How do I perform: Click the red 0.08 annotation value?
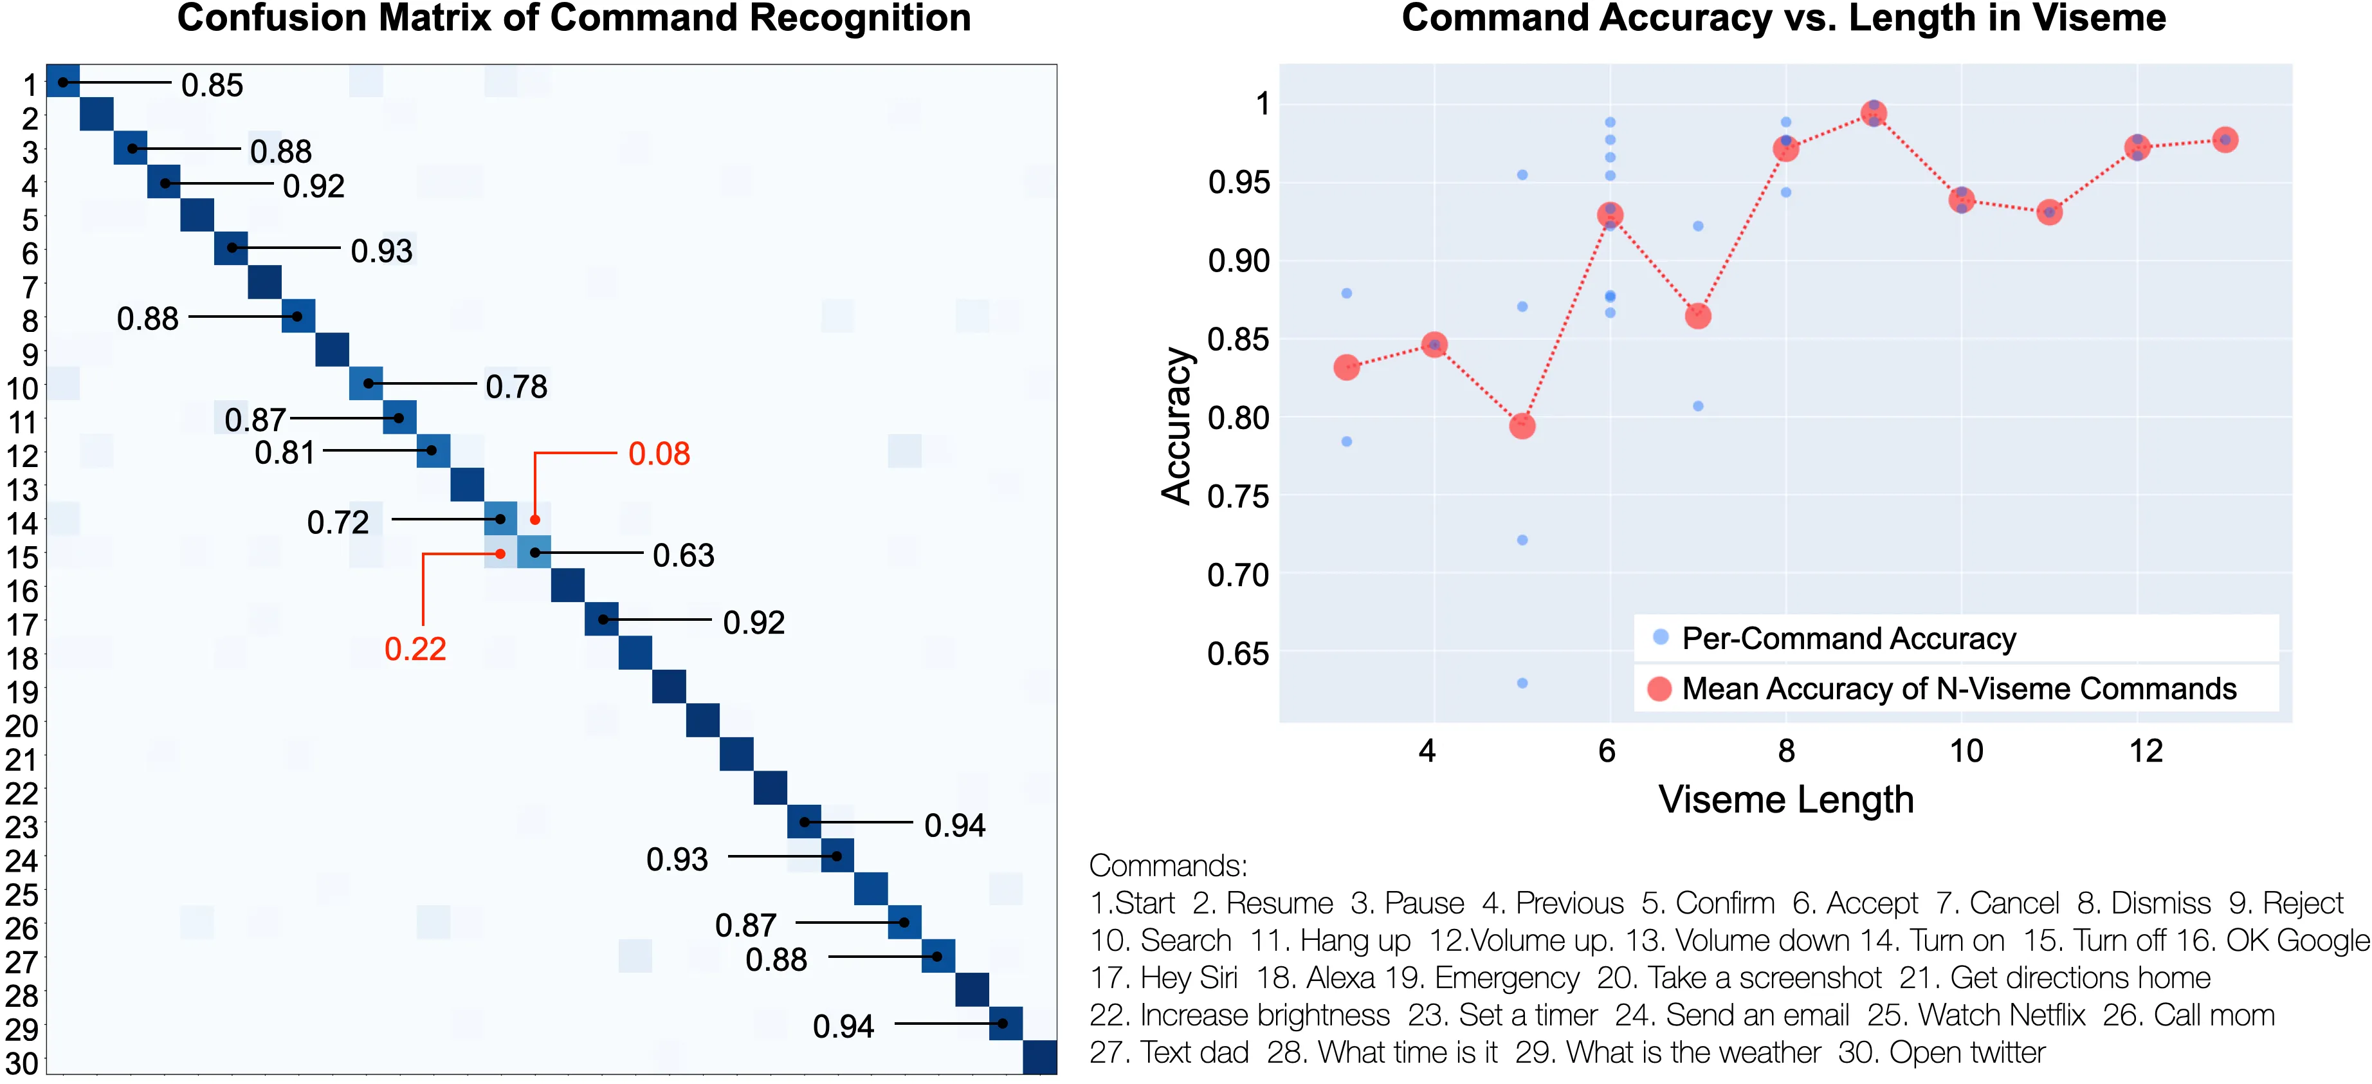click(659, 454)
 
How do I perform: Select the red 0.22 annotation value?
click(415, 649)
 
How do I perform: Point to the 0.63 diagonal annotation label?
click(683, 555)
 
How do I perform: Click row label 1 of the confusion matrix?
click(30, 86)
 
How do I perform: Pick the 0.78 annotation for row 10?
click(516, 387)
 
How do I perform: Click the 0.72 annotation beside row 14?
click(338, 522)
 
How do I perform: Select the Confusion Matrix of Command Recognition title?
click(574, 19)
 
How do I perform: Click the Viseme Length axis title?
click(1785, 800)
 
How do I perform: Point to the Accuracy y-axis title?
click(1177, 425)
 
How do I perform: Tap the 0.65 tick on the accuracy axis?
click(1239, 654)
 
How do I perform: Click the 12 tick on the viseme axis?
click(2146, 751)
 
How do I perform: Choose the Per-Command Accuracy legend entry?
click(1848, 638)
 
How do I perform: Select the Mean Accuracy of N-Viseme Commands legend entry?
click(1958, 689)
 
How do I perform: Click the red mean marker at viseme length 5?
click(1522, 425)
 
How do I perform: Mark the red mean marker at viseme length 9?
click(1874, 113)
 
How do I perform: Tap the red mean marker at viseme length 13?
click(2225, 140)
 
